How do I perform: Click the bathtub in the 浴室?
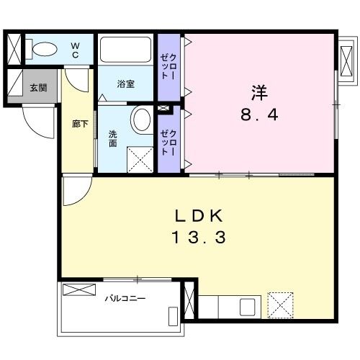(x=126, y=50)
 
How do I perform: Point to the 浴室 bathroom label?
(x=126, y=84)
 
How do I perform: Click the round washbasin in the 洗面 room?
(x=141, y=119)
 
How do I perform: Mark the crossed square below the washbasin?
(x=138, y=158)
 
